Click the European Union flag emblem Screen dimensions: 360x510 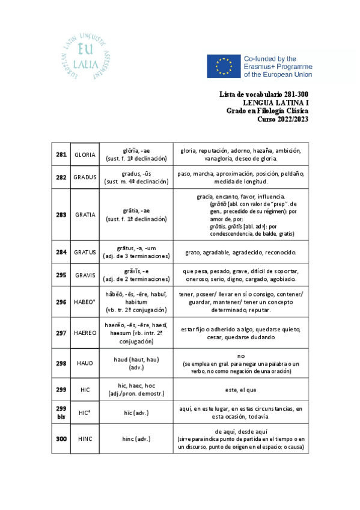click(x=224, y=66)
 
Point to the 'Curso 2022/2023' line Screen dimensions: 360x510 click(x=283, y=119)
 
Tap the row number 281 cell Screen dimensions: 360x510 click(x=61, y=155)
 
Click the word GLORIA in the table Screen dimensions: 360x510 click(x=85, y=155)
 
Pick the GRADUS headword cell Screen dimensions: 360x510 click(x=85, y=177)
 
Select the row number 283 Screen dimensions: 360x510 click(x=61, y=215)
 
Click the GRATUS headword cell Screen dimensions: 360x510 click(x=85, y=252)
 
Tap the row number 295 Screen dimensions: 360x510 click(x=61, y=275)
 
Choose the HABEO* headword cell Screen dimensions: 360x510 click(x=85, y=302)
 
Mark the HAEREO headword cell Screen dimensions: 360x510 click(x=85, y=333)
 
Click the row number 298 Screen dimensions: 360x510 click(x=61, y=363)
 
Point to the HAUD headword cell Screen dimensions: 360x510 click(x=85, y=363)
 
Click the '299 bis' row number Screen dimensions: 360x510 click(x=61, y=412)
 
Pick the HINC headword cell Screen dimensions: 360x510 click(x=85, y=439)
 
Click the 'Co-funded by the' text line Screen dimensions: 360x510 click(x=275, y=58)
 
